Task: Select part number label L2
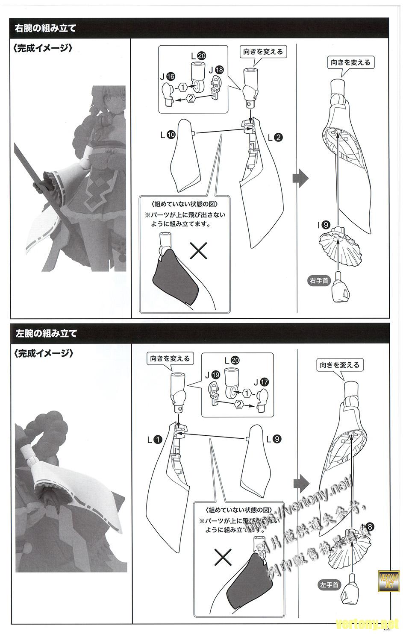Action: pyautogui.click(x=275, y=138)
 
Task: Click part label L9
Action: pyautogui.click(x=273, y=438)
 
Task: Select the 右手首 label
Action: pyautogui.click(x=318, y=281)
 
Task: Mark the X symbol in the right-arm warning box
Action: pyautogui.click(x=198, y=252)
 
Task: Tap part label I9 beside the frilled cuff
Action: pyautogui.click(x=326, y=224)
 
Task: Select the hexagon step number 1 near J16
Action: pyautogui.click(x=183, y=87)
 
